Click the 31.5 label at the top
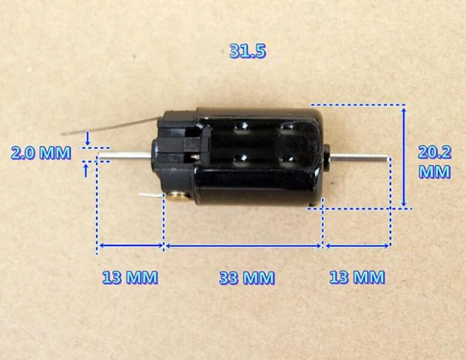coord(248,51)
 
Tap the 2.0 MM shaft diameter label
coord(41,153)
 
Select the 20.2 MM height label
coord(435,162)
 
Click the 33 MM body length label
coord(247,277)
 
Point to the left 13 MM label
coord(130,277)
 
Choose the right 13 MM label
coord(357,277)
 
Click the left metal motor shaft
coord(125,154)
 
